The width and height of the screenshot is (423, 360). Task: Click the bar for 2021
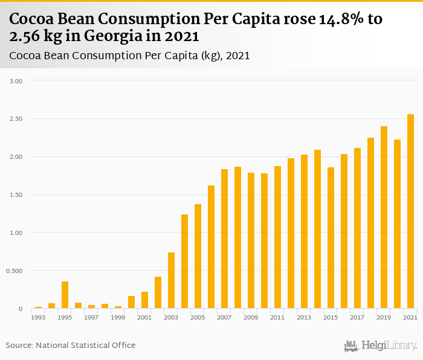(x=410, y=211)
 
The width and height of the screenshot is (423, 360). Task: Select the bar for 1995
(x=65, y=295)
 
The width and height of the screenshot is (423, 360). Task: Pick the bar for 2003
(x=171, y=281)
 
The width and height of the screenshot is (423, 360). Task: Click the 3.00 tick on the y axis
(x=17, y=80)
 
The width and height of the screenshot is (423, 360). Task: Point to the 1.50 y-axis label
(x=17, y=194)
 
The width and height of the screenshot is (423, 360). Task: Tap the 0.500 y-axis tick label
(x=15, y=271)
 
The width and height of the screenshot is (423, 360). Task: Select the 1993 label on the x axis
(x=38, y=318)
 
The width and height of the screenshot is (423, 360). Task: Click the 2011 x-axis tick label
(x=277, y=318)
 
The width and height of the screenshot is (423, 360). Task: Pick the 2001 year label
(x=144, y=318)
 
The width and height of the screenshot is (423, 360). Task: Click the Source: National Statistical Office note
(x=71, y=345)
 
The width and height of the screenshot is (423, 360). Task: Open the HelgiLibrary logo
(x=380, y=346)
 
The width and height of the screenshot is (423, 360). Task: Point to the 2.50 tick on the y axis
(x=17, y=118)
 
